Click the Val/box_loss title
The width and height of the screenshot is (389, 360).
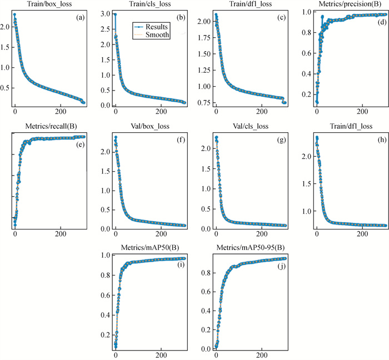tap(148, 126)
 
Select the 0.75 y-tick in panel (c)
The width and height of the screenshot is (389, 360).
tap(201, 103)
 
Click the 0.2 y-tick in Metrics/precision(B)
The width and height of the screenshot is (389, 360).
tap(306, 94)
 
